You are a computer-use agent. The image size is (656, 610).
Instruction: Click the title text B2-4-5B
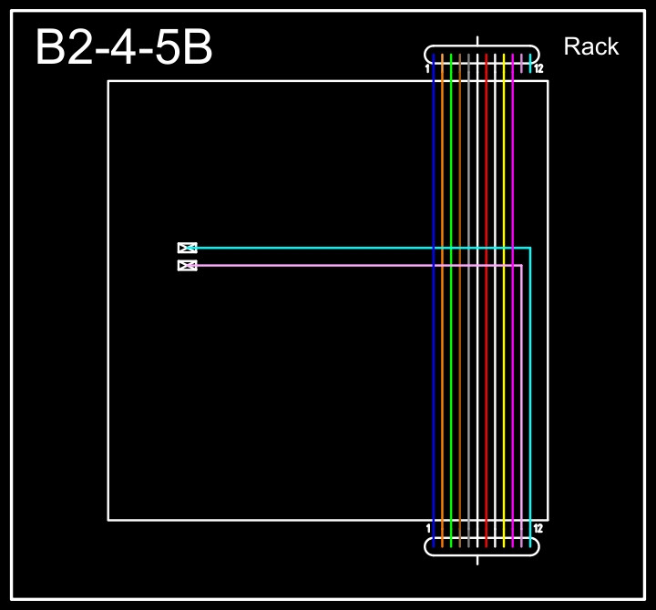click(x=123, y=48)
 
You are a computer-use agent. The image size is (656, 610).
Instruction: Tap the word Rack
click(x=590, y=46)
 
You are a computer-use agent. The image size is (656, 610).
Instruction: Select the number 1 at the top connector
click(x=427, y=68)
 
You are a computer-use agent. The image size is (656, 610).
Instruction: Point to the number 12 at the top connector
click(x=538, y=68)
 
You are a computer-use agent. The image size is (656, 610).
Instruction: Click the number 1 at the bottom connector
click(x=428, y=528)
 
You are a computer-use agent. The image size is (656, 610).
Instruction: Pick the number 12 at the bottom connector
click(x=538, y=528)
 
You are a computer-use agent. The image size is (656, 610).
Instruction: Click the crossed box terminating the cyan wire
click(x=187, y=248)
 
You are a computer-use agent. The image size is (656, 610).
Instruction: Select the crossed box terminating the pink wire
click(x=187, y=266)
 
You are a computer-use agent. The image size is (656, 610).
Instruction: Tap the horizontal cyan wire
click(x=319, y=248)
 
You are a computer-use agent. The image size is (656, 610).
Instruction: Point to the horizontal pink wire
click(x=319, y=266)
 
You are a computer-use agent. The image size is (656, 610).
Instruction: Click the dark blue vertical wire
click(x=434, y=364)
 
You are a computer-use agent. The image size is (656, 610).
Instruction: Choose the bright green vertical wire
click(x=451, y=364)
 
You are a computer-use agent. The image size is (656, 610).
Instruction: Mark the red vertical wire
click(x=487, y=364)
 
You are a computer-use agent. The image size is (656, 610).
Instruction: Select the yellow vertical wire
click(x=504, y=364)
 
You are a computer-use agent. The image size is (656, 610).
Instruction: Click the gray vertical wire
click(x=460, y=364)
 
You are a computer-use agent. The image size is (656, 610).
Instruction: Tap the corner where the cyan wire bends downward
click(x=530, y=248)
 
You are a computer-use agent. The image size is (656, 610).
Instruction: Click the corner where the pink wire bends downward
click(x=521, y=266)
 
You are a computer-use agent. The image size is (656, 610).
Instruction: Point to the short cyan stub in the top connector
click(x=530, y=63)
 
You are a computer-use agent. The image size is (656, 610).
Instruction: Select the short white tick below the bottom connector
click(x=477, y=560)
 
